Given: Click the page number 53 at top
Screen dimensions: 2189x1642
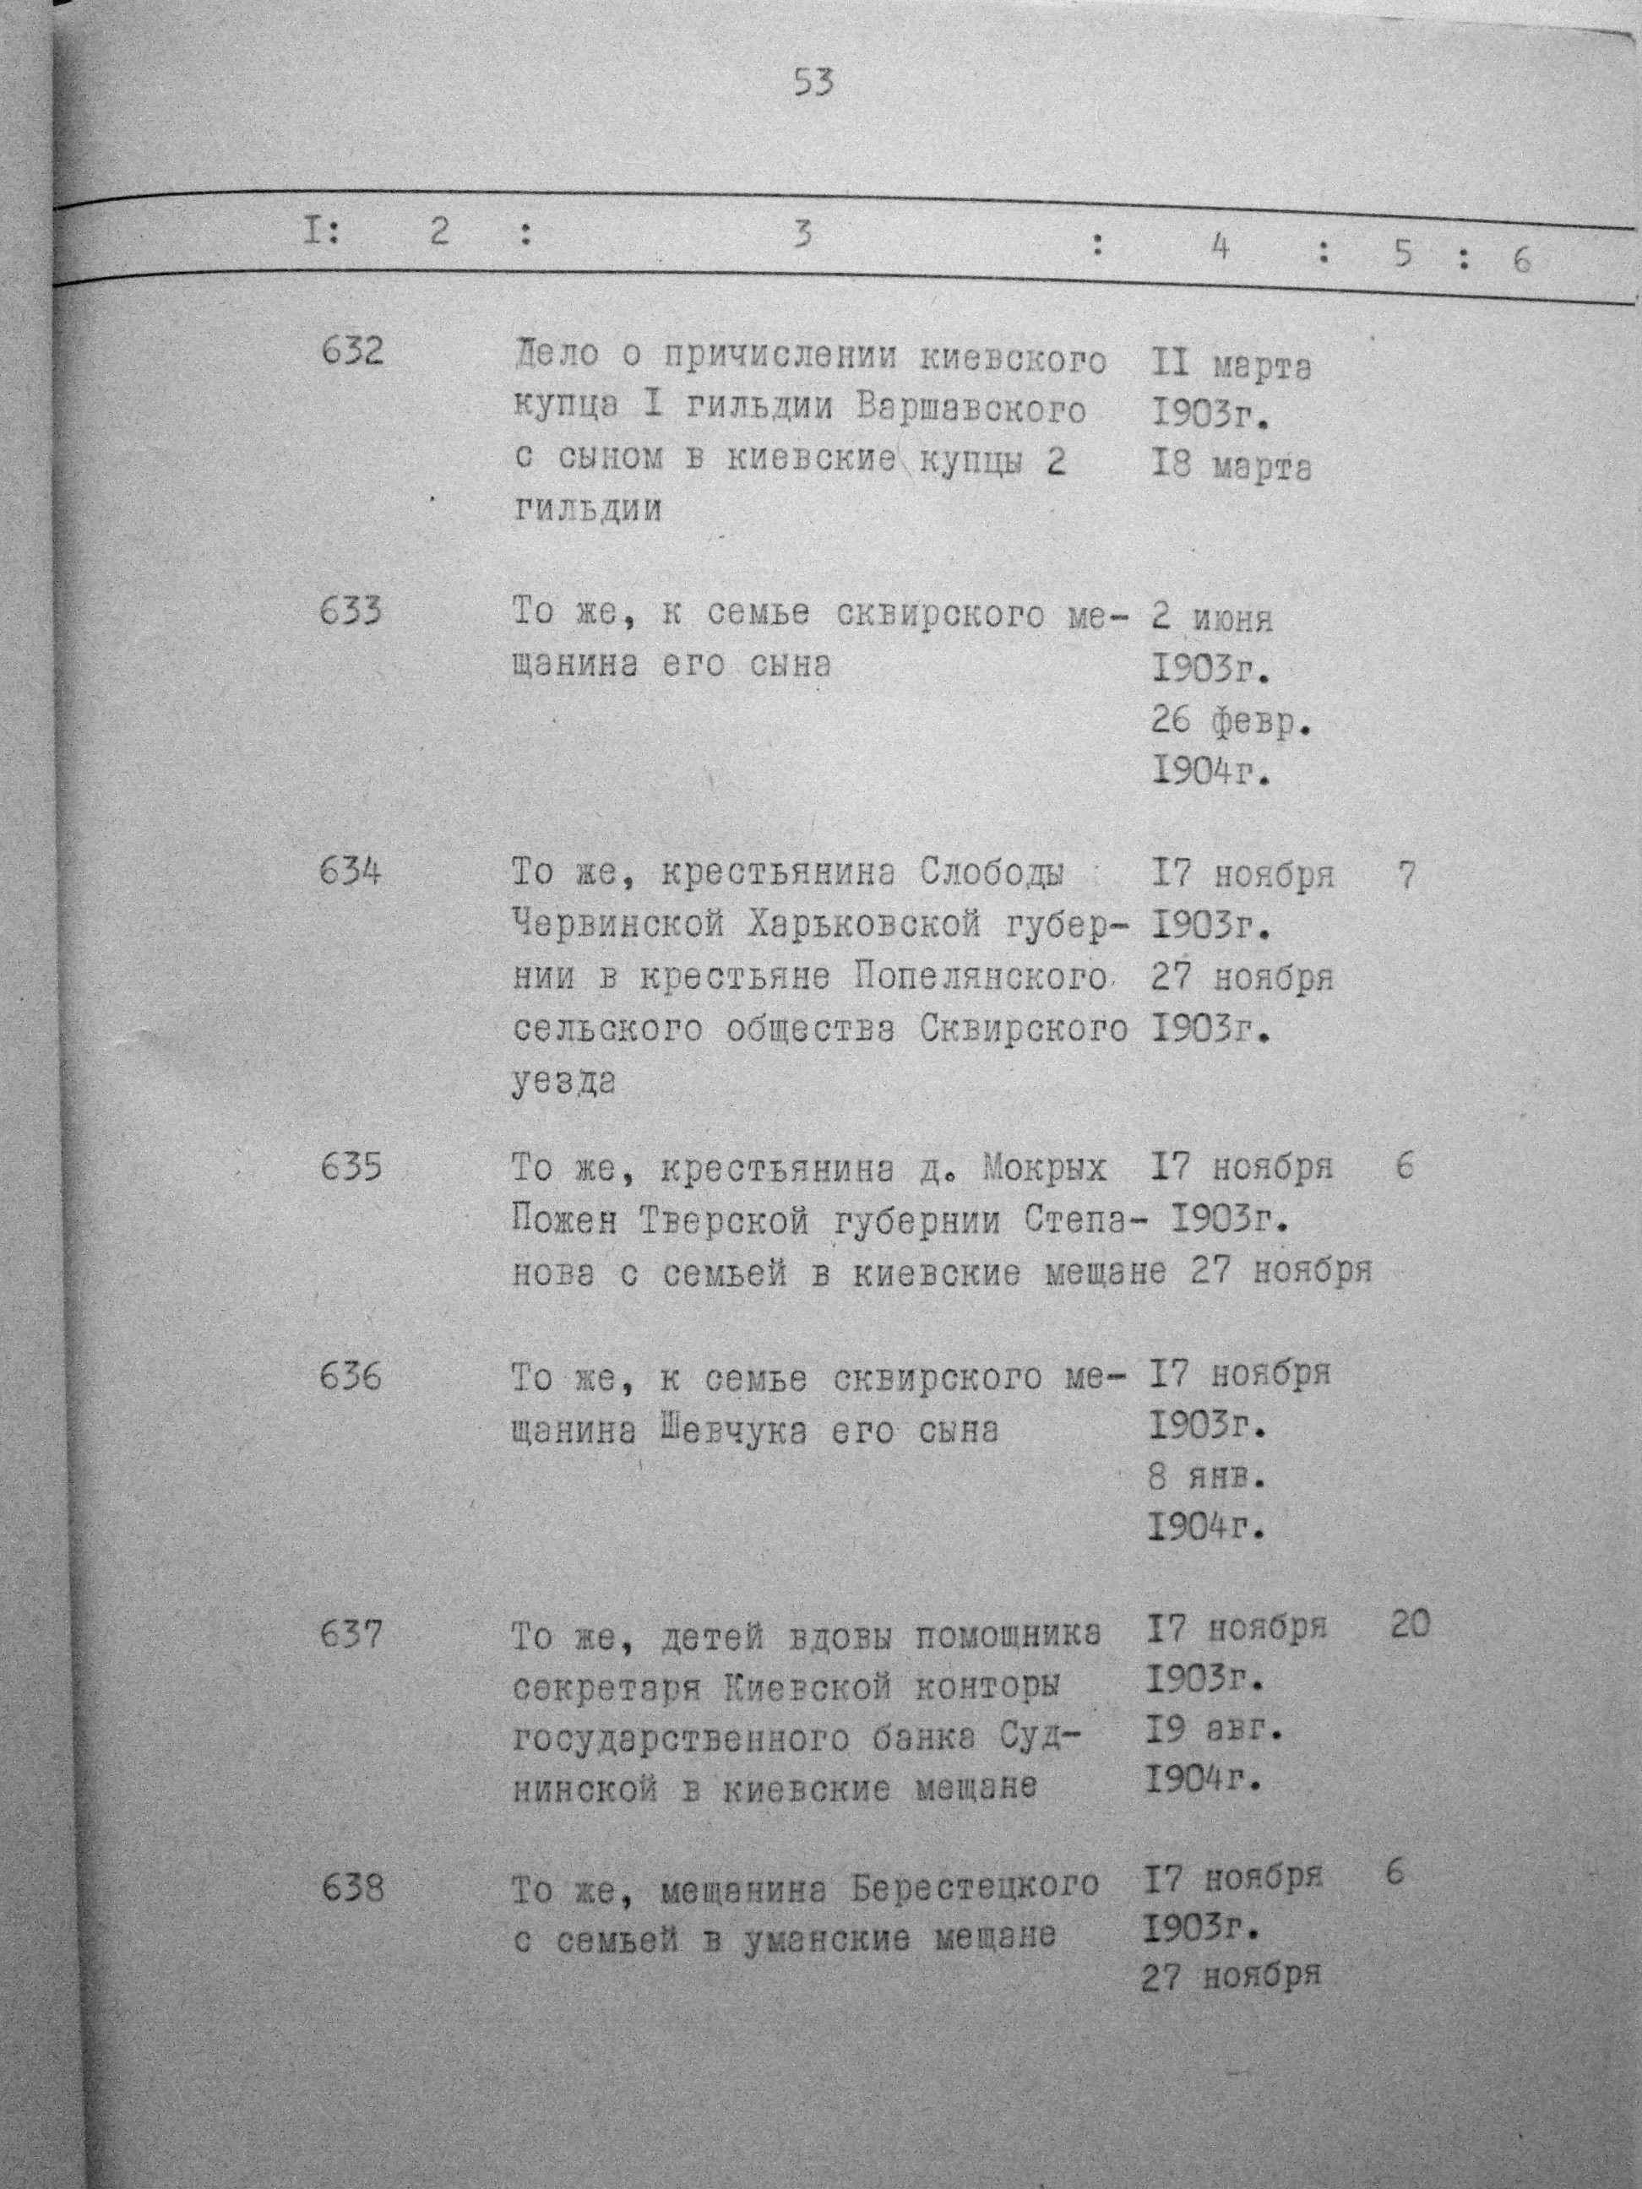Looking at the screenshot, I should [813, 82].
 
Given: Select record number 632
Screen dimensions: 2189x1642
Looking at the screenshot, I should [352, 351].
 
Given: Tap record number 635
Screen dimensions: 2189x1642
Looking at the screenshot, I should [351, 1169].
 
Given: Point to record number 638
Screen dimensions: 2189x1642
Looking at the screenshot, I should [351, 1889].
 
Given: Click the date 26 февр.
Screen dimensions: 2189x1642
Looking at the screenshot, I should [1231, 722].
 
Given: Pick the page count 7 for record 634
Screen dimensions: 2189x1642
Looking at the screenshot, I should [1406, 876].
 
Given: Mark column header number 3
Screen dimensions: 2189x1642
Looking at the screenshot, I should [802, 236].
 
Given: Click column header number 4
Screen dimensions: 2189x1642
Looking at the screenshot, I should [1220, 247].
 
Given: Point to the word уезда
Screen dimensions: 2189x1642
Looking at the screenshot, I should [564, 1083].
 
